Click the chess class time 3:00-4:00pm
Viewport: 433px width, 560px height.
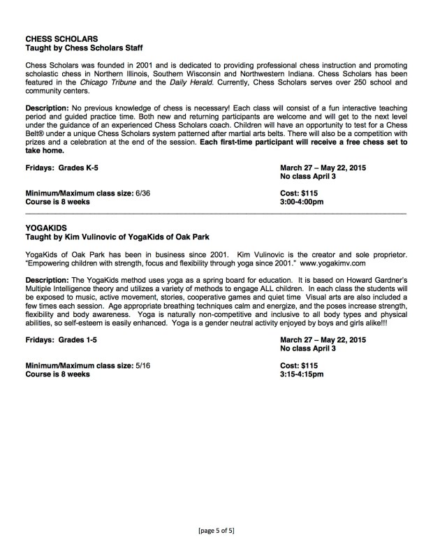(302, 202)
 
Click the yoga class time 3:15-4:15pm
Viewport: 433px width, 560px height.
(302, 374)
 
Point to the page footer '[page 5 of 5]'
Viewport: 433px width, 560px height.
(216, 531)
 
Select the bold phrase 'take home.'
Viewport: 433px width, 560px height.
(45, 149)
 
